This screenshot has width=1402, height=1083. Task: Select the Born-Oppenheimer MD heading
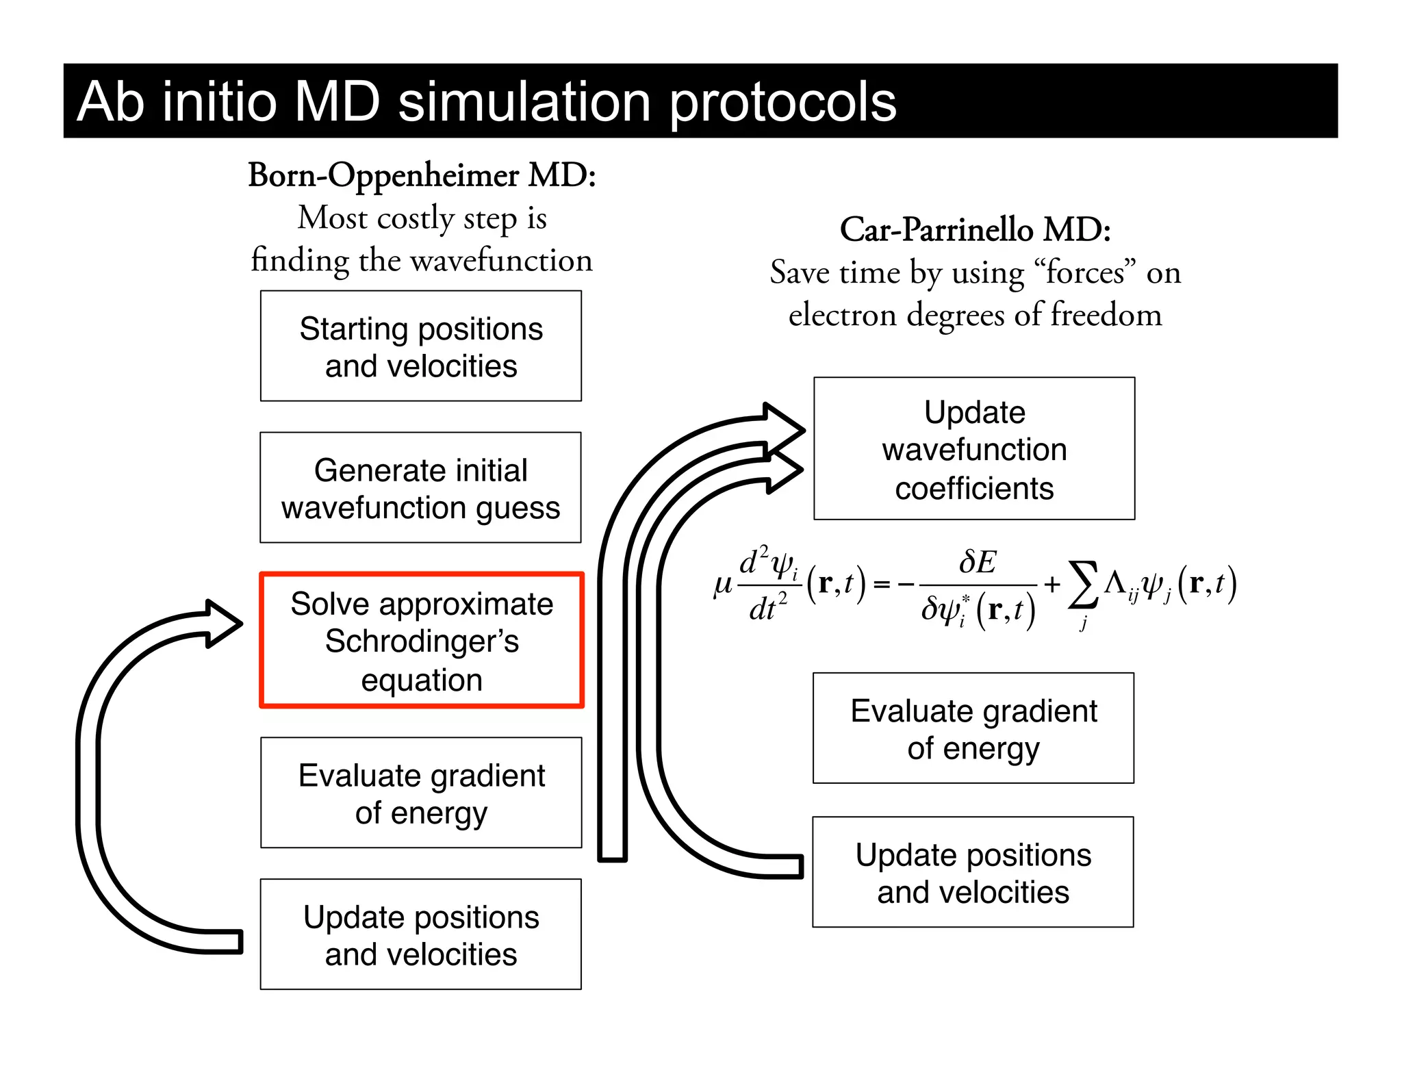422,175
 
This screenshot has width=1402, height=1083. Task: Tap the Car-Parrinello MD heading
975,229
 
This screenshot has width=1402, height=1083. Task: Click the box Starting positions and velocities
421,346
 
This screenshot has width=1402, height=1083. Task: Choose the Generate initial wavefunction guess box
420,487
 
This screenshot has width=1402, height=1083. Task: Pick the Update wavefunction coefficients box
974,449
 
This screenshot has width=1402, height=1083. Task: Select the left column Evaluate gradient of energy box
421,793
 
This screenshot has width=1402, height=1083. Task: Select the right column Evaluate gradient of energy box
973,728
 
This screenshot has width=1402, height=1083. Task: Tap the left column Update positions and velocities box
421,934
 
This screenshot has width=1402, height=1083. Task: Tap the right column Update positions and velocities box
973,872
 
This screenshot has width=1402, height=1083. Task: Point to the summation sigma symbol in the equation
1084,585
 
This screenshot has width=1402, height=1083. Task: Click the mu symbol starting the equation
723,585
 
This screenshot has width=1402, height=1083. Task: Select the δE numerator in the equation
978,563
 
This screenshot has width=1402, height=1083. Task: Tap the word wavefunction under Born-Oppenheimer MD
501,261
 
